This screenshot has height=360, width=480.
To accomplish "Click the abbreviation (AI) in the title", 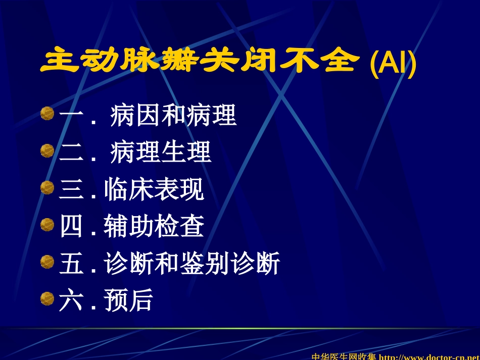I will [x=393, y=63].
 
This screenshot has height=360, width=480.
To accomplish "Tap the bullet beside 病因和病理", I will [x=47, y=114].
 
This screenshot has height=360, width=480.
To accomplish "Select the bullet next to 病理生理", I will [x=47, y=151].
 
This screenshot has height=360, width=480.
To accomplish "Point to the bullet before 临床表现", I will [x=47, y=188].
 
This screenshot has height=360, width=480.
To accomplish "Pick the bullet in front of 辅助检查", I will [x=47, y=225].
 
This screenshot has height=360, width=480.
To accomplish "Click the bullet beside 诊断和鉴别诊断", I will [x=47, y=262].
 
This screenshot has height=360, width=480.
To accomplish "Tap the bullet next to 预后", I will [x=47, y=299].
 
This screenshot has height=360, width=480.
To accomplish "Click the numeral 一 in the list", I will [x=71, y=116].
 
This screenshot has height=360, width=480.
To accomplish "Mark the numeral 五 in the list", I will [x=71, y=264].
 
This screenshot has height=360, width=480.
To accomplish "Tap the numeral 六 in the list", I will [x=71, y=300].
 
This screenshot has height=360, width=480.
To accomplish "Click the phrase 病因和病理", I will [x=173, y=116].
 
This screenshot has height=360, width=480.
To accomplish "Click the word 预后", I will [x=128, y=300].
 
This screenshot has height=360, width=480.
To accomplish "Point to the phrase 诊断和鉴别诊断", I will [x=192, y=264].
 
